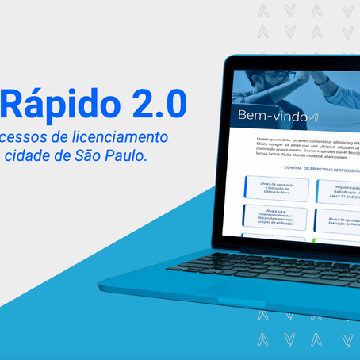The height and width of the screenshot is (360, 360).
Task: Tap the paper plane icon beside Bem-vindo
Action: (315, 117)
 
